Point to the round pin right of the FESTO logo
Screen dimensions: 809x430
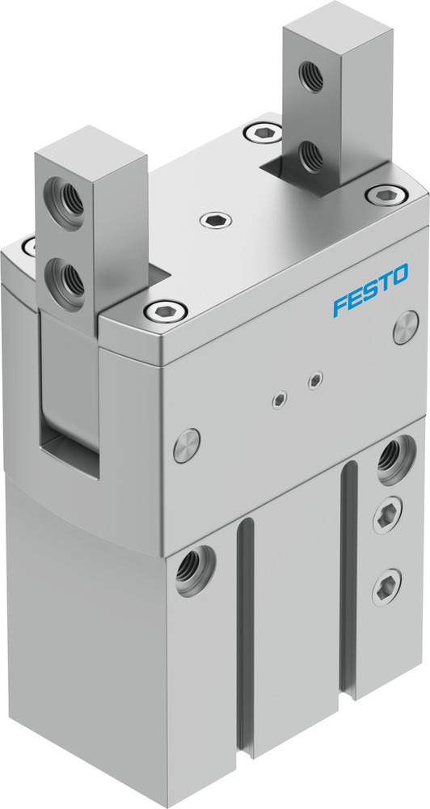point(406,332)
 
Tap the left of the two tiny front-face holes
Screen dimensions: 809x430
point(280,396)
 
